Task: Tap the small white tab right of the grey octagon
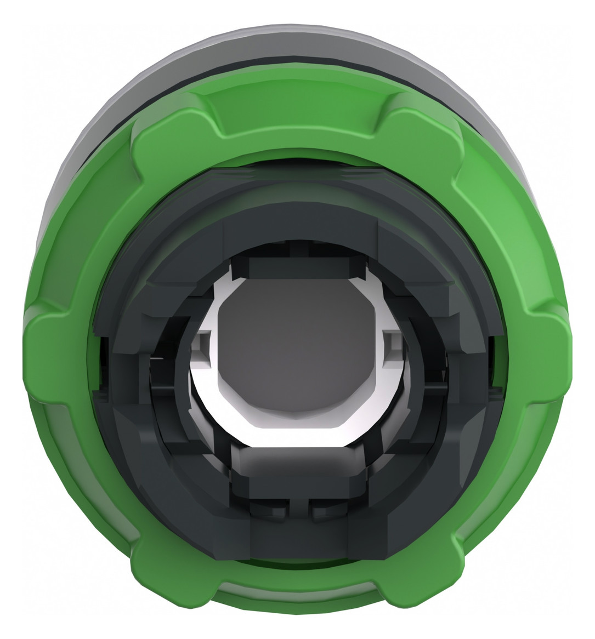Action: pyautogui.click(x=390, y=348)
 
